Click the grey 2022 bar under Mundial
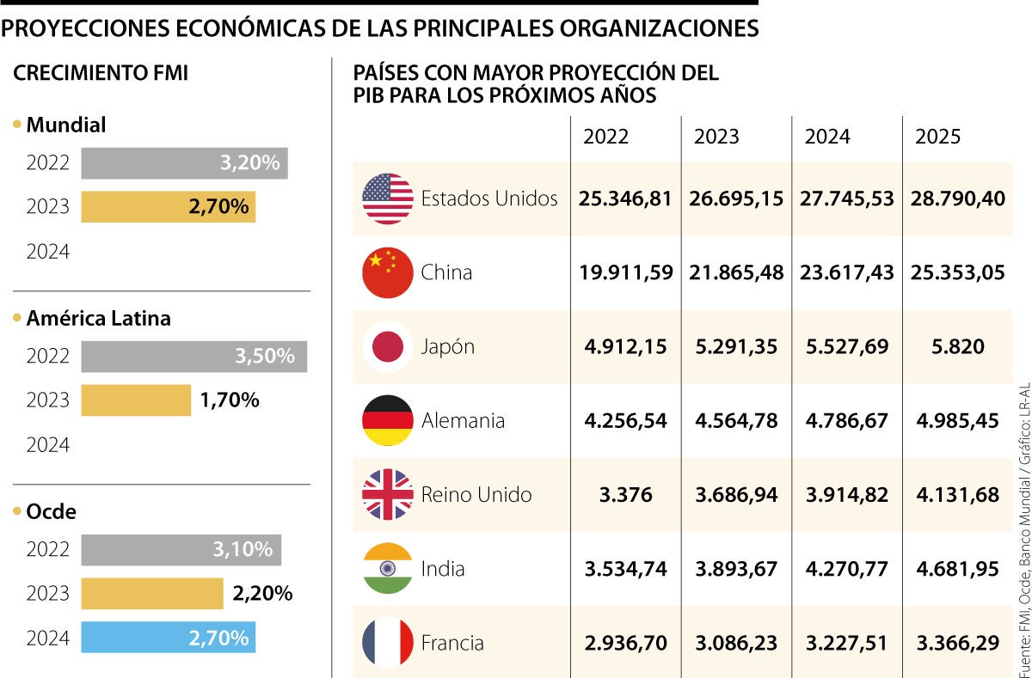184,163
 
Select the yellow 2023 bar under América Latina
136,400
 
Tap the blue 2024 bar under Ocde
168,638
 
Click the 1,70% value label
230,400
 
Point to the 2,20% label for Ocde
262,593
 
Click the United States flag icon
388,199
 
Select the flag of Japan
388,346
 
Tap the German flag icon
388,420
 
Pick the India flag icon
388,568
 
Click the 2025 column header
937,137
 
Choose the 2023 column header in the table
716,137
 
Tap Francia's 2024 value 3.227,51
846,642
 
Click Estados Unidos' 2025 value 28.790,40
957,199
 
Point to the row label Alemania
463,420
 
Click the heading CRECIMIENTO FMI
101,74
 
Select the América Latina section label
98,319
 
